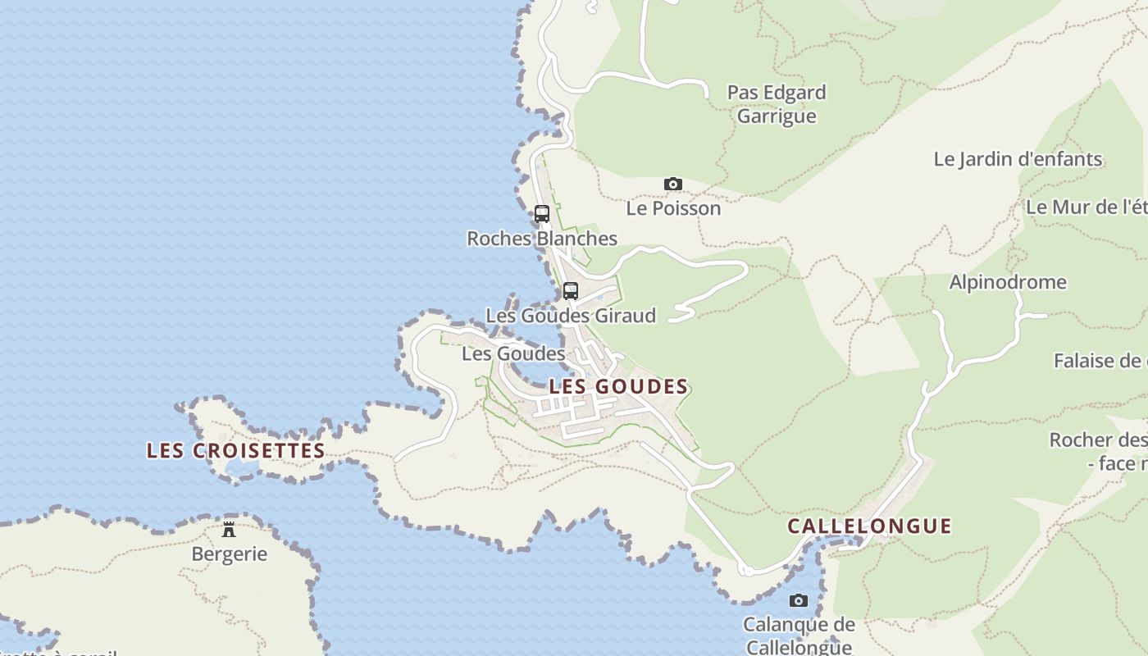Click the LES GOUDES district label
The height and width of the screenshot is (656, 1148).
coord(618,386)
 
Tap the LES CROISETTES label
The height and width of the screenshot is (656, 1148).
coord(235,450)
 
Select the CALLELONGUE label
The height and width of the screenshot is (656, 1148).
coord(869,526)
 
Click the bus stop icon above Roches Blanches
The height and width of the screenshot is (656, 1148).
coord(541,213)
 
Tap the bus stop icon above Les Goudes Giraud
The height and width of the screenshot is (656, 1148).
coord(570,290)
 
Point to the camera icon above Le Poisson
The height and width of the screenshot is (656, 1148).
coord(672,184)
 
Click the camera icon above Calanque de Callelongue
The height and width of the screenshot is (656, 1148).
coord(798,600)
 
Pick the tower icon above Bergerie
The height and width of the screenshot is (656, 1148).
coord(229,529)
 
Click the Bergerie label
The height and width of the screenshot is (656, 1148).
coord(230,553)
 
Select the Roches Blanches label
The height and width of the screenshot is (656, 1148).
coord(542,239)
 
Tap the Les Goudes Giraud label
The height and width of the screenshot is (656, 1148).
coord(571,316)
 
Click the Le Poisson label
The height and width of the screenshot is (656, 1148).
coord(673,208)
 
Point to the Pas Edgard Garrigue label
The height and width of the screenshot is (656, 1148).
coord(777,104)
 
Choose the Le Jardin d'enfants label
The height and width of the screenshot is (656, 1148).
coord(1018,159)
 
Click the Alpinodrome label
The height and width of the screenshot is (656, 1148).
coord(1008,282)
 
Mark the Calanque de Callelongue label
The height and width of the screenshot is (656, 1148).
coord(799,635)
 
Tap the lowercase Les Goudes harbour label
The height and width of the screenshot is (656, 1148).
coord(513,353)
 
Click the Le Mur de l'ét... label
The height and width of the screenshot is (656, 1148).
coord(1086,207)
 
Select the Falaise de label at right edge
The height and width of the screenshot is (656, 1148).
coord(1100,361)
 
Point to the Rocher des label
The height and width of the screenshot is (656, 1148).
coord(1098,440)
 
